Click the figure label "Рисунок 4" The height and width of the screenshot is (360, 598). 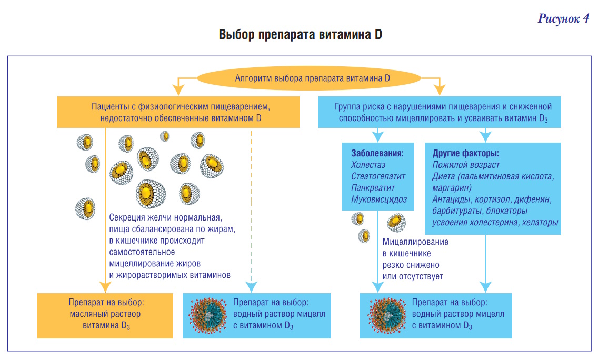coord(563,19)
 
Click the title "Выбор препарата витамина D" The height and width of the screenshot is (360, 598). coord(300,36)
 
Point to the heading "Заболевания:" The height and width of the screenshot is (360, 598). coord(377,154)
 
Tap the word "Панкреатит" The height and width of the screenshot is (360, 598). coord(373,188)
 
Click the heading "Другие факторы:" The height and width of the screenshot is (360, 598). coord(465,154)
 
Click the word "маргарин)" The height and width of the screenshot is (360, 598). coord(452,188)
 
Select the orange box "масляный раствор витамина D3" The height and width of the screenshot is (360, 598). coord(105,315)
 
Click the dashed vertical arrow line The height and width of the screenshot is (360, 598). coord(252,211)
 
